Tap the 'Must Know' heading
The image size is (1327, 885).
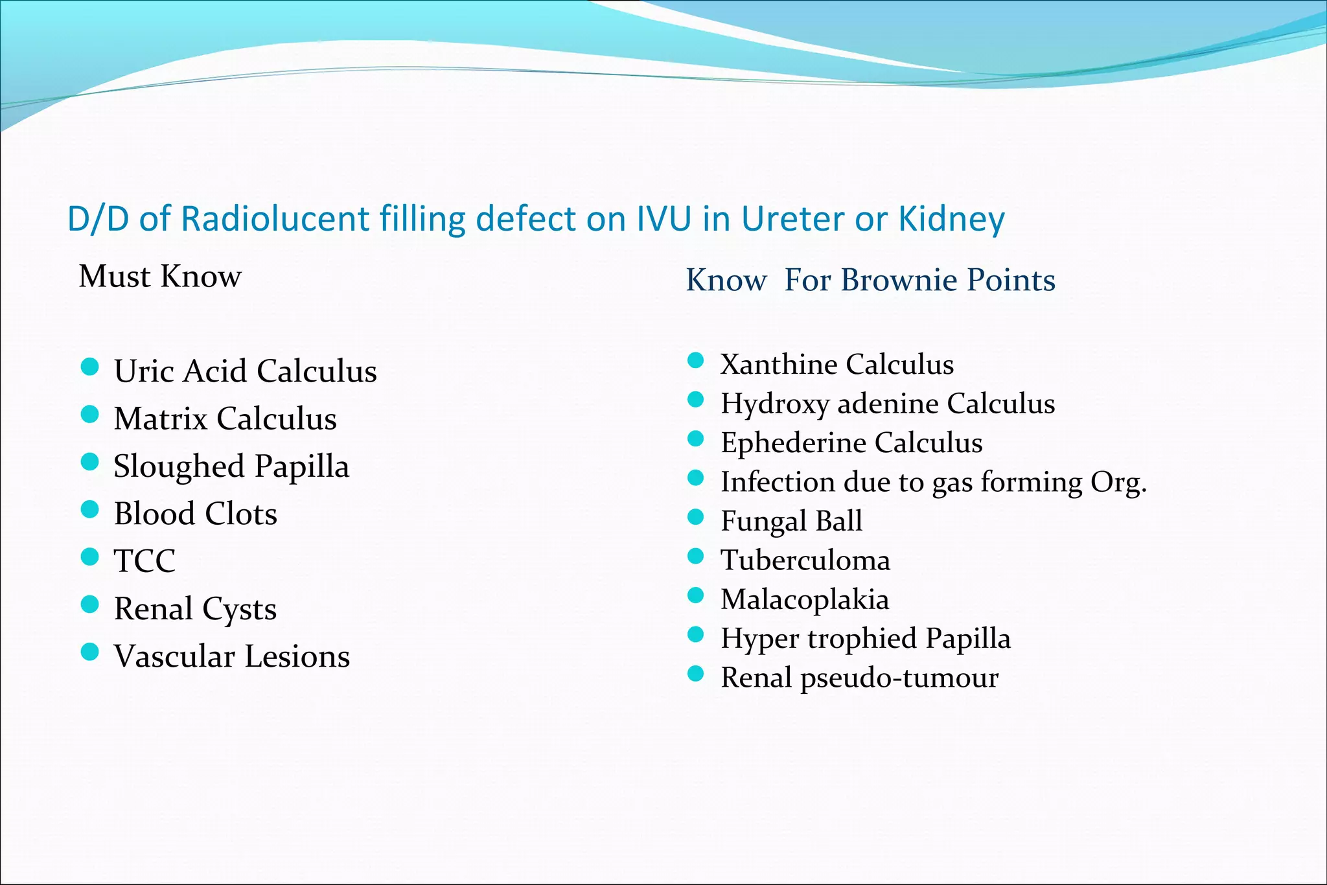159,277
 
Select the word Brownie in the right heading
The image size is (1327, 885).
900,280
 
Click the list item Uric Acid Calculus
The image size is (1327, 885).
245,371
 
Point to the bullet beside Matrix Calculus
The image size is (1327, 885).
89,415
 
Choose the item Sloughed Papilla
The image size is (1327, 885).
231,466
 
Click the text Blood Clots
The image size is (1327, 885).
195,514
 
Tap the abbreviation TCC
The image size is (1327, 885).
144,561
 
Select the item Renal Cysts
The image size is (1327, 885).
195,609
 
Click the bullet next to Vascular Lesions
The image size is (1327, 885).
89,652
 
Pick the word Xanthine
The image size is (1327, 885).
778,364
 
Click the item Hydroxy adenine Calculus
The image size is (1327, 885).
888,404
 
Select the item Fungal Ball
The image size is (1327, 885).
791,521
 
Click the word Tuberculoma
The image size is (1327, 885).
805,560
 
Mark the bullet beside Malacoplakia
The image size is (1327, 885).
695,595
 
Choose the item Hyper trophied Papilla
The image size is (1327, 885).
866,639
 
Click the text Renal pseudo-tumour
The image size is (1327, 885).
859,678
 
